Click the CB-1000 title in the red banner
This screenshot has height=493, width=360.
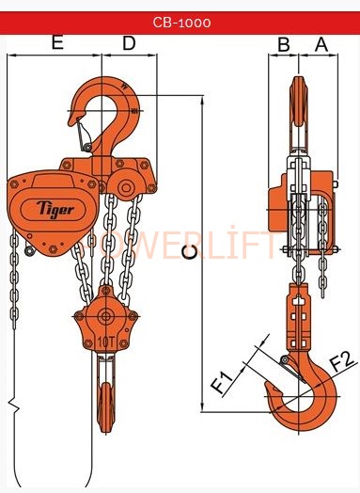[x=181, y=23]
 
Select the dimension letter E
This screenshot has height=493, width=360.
[x=57, y=42]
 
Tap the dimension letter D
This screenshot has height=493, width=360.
[x=129, y=43]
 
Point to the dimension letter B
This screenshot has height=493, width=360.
[x=284, y=44]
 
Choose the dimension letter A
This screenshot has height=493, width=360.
[x=321, y=44]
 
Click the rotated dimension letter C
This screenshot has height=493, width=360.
[x=190, y=252]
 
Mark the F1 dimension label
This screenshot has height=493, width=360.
[x=222, y=382]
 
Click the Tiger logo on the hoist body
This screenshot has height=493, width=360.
[x=55, y=209]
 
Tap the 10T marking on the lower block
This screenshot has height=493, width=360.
[x=105, y=342]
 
